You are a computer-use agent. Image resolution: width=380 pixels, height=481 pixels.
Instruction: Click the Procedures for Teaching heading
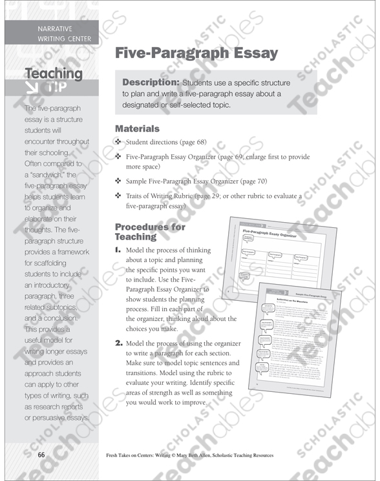[149, 232]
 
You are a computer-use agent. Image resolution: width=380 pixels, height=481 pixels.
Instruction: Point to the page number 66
[41, 455]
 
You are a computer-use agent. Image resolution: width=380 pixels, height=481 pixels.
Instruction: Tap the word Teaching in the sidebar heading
[54, 73]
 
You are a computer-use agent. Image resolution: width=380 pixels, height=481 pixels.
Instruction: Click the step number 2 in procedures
[118, 343]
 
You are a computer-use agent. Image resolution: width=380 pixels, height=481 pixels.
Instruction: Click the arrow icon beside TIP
[30, 88]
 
